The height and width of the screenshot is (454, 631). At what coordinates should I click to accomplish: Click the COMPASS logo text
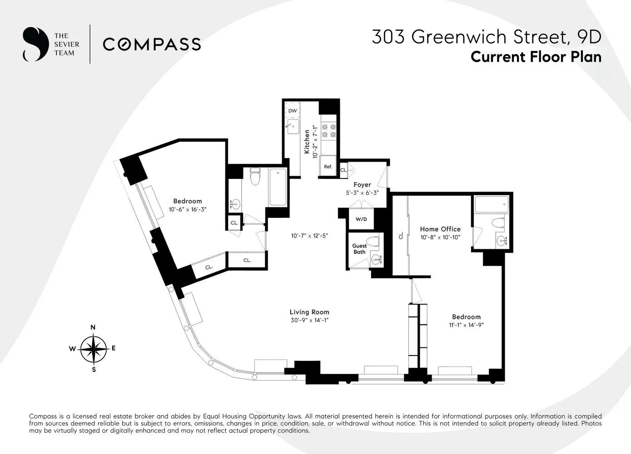click(x=152, y=44)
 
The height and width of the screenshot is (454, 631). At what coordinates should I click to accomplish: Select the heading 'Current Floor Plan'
click(x=536, y=57)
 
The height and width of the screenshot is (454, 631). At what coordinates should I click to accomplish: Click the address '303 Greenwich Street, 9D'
click(x=486, y=37)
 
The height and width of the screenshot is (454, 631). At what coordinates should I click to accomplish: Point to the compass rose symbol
click(x=93, y=349)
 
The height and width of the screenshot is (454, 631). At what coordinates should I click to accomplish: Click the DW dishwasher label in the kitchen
click(x=292, y=111)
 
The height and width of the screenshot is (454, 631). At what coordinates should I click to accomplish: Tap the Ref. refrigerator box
click(x=328, y=167)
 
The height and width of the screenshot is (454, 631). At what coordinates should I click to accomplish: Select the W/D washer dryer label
click(x=361, y=219)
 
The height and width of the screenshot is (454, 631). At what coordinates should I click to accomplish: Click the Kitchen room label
click(x=307, y=142)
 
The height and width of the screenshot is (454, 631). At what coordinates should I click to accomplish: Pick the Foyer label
click(x=362, y=185)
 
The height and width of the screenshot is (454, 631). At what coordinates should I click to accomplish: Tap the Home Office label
click(x=440, y=229)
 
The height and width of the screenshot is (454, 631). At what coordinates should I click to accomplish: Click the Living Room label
click(x=309, y=312)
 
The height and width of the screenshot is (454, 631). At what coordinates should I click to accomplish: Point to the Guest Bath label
click(x=359, y=249)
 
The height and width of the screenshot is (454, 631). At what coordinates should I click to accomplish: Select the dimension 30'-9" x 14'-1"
click(x=309, y=320)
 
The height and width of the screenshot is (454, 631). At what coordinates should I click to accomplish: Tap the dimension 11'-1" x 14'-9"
click(x=466, y=325)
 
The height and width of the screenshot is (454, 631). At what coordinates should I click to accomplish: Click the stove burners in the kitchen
click(x=328, y=131)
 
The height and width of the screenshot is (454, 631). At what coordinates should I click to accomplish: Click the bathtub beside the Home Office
click(x=491, y=205)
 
